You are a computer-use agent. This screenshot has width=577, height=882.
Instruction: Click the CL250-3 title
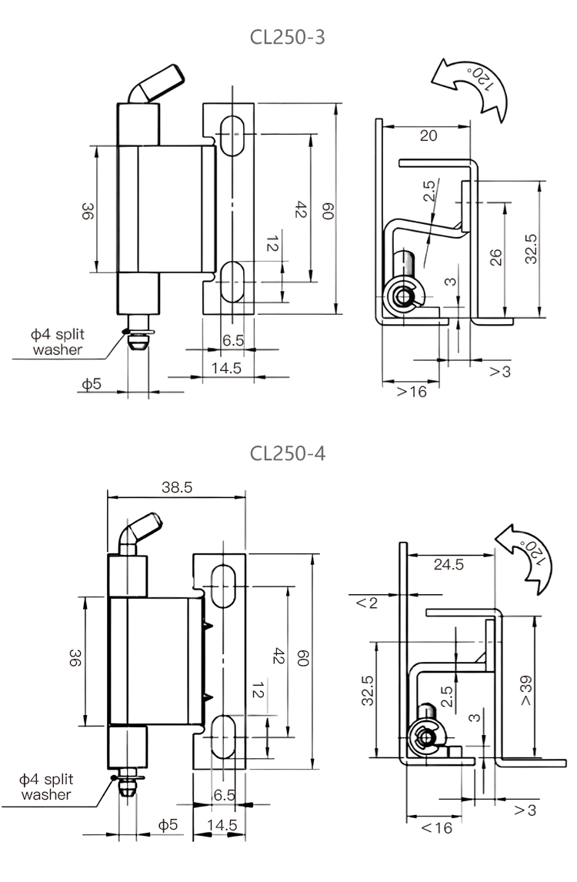(288, 37)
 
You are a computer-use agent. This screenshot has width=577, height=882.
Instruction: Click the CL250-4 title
(288, 453)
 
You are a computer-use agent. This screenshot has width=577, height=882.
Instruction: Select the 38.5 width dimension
(177, 487)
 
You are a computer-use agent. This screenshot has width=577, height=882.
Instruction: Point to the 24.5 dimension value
(449, 564)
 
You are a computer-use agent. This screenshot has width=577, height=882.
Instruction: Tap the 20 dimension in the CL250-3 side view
(429, 135)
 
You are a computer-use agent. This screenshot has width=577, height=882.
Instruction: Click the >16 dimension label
(411, 391)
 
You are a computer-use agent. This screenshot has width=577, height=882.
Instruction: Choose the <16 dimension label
(437, 828)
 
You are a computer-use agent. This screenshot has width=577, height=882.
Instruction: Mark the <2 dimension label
(367, 603)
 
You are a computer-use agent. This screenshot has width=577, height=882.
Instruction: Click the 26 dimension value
(496, 256)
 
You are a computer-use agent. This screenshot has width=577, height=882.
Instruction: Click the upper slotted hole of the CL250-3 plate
(232, 136)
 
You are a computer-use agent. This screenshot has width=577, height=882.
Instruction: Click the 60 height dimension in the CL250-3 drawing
(327, 210)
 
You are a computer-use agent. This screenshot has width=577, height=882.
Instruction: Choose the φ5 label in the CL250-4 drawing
(168, 824)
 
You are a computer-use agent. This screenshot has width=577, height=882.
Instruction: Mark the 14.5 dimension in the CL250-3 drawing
(226, 368)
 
